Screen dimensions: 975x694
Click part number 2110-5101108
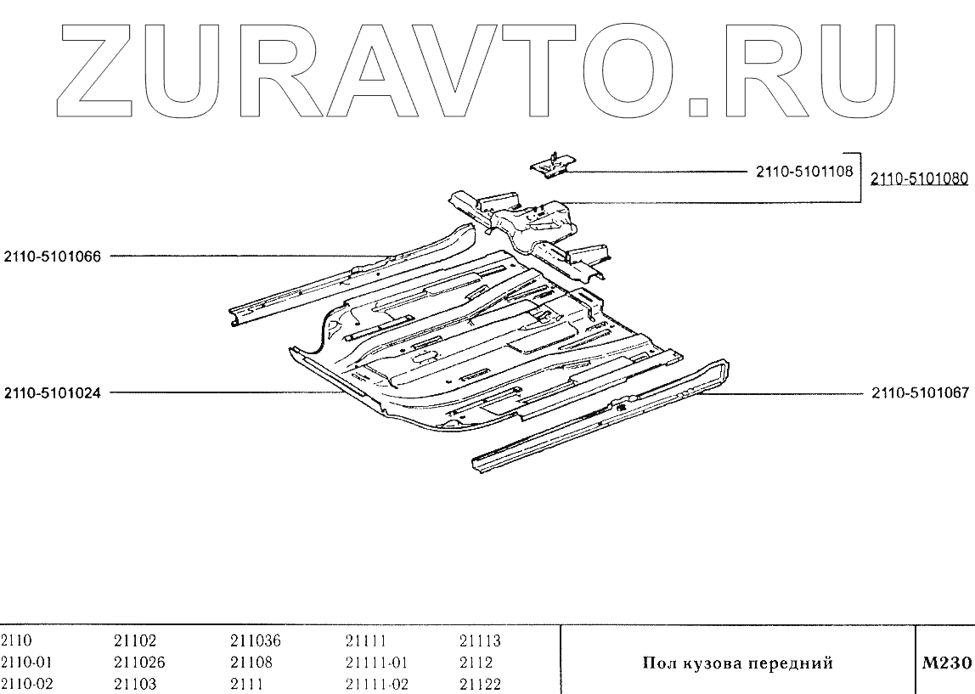tap(803, 172)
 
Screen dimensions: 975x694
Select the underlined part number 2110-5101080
tap(920, 178)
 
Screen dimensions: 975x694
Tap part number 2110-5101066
tap(53, 256)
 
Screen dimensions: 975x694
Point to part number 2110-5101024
tap(53, 393)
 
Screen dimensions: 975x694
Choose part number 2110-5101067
tap(920, 393)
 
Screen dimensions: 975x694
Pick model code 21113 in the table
tap(480, 641)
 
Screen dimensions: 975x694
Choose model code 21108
tap(248, 663)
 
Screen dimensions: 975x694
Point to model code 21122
tap(480, 684)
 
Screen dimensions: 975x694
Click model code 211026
tap(139, 663)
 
